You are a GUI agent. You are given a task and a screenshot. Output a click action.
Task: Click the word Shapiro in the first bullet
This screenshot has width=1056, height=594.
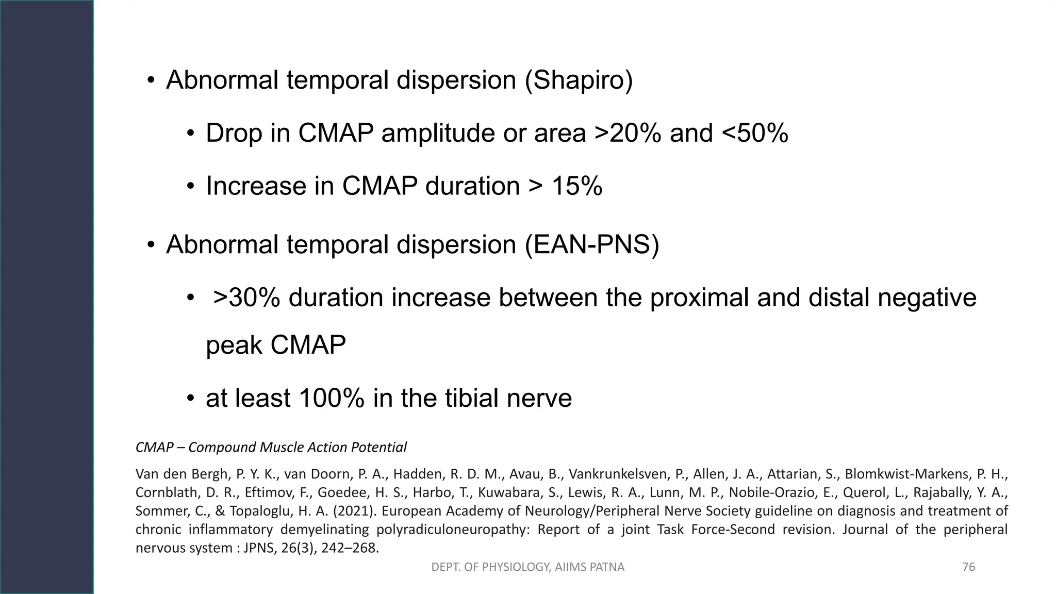point(579,80)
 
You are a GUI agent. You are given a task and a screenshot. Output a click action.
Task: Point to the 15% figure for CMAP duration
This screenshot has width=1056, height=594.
point(576,186)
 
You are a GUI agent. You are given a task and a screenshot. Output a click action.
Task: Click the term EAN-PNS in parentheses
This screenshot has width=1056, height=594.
point(591,244)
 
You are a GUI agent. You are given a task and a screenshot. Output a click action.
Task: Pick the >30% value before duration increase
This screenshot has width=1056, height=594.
point(246,298)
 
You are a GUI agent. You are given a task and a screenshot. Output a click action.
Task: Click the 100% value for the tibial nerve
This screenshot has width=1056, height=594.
point(331,398)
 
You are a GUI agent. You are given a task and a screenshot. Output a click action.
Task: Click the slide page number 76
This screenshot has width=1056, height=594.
point(968,567)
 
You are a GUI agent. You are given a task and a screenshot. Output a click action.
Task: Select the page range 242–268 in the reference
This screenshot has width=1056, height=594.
point(350,548)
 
